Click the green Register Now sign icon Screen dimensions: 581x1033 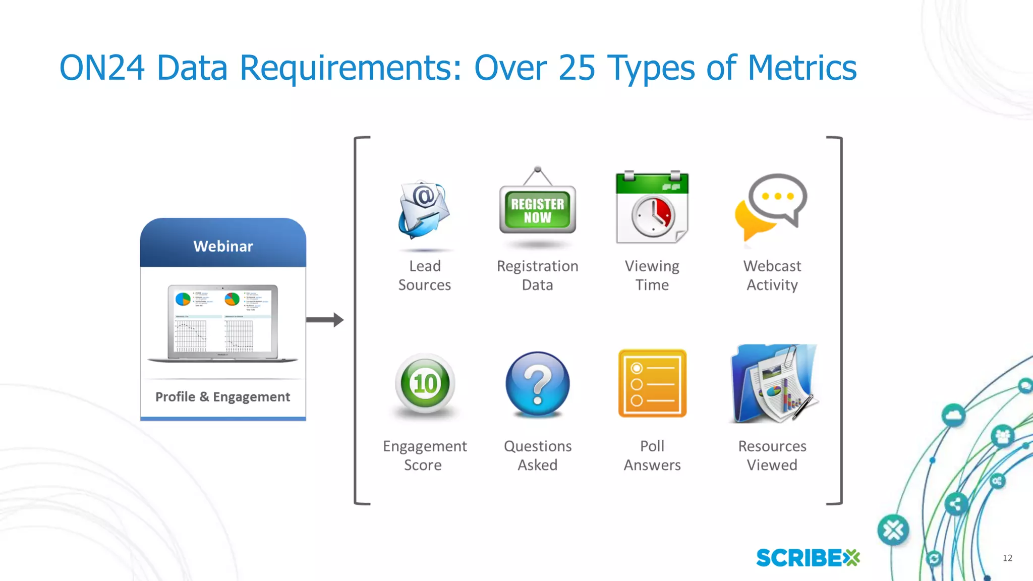click(x=538, y=210)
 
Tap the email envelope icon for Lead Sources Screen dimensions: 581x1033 click(x=424, y=210)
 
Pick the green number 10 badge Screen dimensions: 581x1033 click(x=425, y=384)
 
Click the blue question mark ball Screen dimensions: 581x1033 click(x=538, y=384)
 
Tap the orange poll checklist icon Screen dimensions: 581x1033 click(x=652, y=384)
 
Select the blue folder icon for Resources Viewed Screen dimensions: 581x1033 click(x=772, y=384)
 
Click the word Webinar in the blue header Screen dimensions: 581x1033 click(x=223, y=246)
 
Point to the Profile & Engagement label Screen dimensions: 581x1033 click(x=222, y=397)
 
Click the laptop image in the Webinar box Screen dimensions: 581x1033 click(x=223, y=323)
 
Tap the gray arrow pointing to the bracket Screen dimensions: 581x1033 click(x=325, y=320)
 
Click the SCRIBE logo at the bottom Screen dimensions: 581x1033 click(x=808, y=558)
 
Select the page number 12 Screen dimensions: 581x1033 click(x=1007, y=558)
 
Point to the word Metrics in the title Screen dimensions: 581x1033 click(x=802, y=68)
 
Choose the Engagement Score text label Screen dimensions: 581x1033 click(x=424, y=455)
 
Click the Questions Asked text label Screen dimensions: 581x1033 click(x=538, y=455)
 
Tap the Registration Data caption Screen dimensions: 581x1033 click(x=538, y=275)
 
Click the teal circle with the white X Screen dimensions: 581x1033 click(x=893, y=530)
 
